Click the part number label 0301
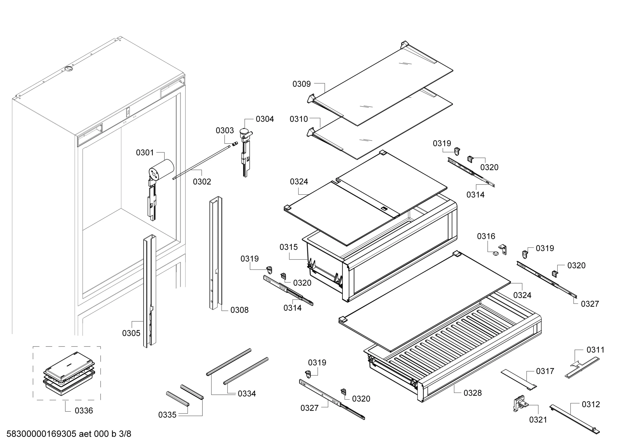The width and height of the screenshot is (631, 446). [145, 152]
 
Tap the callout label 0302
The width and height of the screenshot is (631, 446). [202, 182]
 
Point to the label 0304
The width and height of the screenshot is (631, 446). [265, 119]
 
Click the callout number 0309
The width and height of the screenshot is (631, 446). [301, 84]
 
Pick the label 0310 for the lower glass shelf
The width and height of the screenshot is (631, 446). [299, 119]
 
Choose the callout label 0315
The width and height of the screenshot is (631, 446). [289, 247]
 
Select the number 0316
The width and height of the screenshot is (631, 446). [486, 236]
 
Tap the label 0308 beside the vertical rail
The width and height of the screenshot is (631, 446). [239, 310]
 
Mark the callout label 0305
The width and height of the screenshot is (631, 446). [131, 333]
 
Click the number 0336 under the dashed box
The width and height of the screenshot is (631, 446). [84, 411]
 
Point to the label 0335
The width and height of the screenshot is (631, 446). [167, 415]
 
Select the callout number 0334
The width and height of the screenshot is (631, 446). [247, 393]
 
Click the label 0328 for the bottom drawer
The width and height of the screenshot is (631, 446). [473, 393]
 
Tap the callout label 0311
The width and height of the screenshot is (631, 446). [596, 350]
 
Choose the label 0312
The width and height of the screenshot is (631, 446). [591, 404]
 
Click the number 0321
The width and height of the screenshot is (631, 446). [538, 420]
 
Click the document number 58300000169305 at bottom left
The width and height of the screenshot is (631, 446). [41, 434]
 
